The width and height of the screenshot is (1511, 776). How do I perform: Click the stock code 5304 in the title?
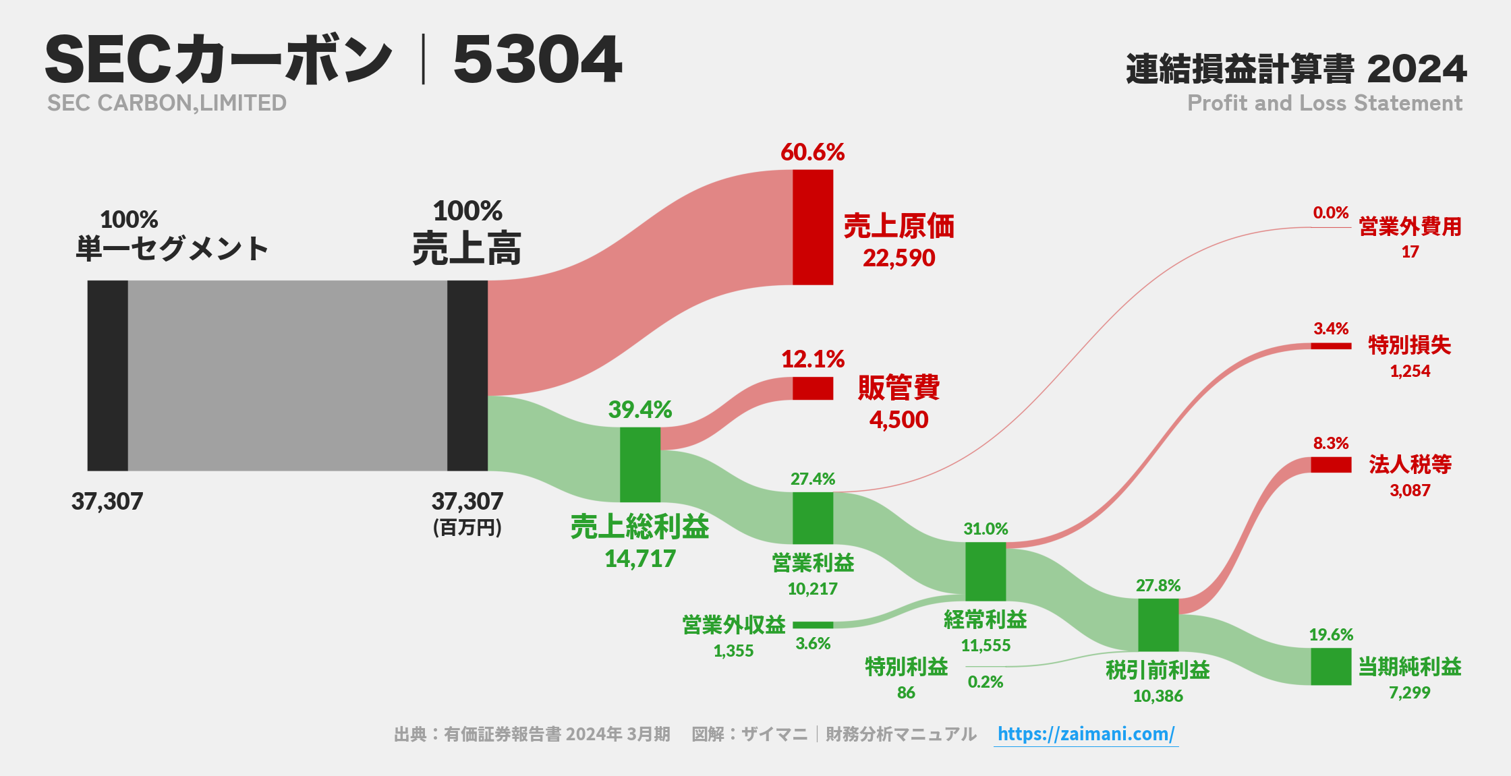click(537, 60)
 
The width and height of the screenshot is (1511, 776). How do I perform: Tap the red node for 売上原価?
click(812, 227)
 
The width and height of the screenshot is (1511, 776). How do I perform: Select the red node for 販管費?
click(812, 388)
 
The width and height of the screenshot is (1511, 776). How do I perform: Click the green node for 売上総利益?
click(639, 465)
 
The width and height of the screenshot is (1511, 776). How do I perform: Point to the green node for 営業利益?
click(812, 518)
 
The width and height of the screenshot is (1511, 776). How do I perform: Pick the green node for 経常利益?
click(985, 571)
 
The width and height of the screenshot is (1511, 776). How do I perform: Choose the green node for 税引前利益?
click(1158, 624)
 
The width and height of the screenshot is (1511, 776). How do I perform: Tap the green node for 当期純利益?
click(1330, 666)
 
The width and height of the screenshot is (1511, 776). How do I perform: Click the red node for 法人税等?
click(1330, 465)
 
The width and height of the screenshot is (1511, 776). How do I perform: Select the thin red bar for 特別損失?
click(1330, 346)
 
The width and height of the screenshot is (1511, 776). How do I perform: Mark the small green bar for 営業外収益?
click(812, 625)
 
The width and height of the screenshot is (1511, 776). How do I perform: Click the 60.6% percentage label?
click(812, 152)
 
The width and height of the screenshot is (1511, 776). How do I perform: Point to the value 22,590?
click(899, 258)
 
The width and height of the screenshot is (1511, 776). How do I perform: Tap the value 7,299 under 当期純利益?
click(1409, 692)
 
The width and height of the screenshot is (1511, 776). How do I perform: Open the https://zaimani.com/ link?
click(1085, 734)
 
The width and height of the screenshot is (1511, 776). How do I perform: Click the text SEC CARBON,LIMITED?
click(167, 103)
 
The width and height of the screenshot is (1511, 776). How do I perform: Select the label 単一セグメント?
click(172, 249)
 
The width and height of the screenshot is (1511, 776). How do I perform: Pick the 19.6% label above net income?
click(1330, 634)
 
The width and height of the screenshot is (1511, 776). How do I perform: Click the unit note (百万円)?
click(467, 527)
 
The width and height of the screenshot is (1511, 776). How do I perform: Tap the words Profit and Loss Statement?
click(1324, 103)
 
